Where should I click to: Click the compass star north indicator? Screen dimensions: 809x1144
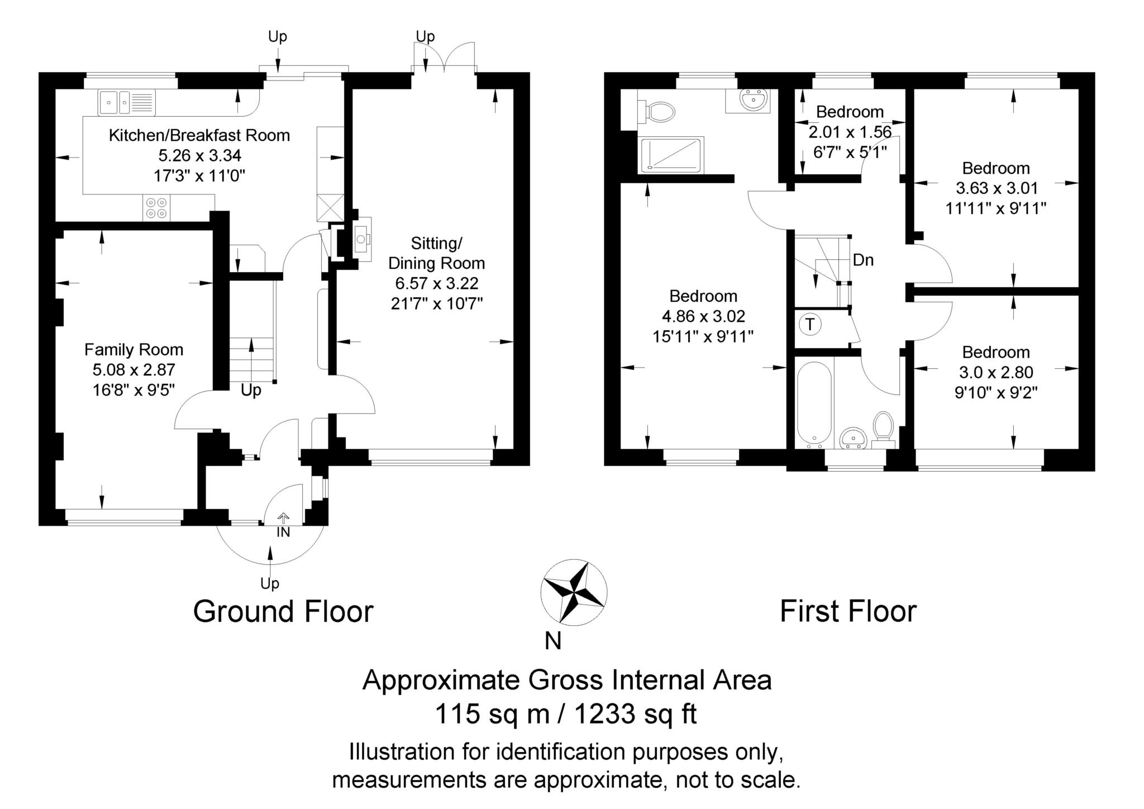coord(574,591)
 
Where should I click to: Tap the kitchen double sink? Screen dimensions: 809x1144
coord(127,102)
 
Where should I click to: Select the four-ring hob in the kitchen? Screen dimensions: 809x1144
coord(156,208)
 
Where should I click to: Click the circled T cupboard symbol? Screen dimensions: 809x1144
coord(810,325)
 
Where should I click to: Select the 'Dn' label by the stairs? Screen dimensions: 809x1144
coord(863,260)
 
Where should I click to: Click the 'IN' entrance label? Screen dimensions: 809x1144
coord(283,532)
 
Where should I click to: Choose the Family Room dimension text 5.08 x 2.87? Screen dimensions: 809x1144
coord(134,369)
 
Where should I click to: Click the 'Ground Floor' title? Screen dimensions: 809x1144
coord(283,612)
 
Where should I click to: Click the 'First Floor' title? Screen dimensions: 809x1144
coord(848,611)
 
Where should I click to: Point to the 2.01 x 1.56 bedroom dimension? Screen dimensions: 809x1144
coord(850,132)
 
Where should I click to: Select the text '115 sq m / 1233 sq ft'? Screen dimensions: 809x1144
coord(566,713)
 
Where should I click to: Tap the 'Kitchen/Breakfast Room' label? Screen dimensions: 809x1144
coord(199,135)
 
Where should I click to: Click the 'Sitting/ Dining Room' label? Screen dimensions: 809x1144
coord(437,253)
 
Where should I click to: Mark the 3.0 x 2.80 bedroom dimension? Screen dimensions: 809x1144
coord(996,372)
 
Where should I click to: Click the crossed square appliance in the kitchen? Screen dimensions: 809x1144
coord(330,207)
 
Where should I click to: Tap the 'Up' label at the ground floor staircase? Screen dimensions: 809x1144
coord(251,390)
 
